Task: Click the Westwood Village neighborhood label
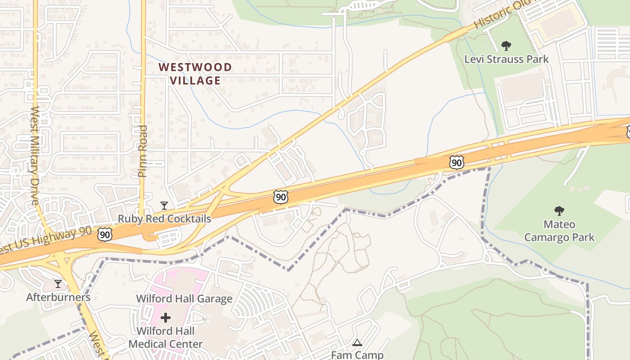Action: [195, 74]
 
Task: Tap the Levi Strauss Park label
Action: [506, 59]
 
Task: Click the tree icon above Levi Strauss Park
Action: [506, 45]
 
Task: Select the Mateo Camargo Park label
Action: [559, 230]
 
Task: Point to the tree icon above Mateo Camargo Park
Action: [559, 211]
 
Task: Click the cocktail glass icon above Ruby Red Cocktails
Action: [164, 206]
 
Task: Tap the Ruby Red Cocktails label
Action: [164, 219]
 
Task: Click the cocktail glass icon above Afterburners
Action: [58, 284]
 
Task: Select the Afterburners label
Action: [58, 297]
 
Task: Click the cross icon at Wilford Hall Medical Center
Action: [166, 318]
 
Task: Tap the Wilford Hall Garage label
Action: [184, 298]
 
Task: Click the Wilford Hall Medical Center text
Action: [166, 337]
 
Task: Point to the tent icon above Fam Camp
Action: [357, 342]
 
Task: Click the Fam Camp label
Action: [357, 355]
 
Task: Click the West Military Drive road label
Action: [36, 155]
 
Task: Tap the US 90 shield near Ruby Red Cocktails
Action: [105, 234]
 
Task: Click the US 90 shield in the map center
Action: [280, 197]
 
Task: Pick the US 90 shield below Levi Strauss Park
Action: [457, 162]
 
